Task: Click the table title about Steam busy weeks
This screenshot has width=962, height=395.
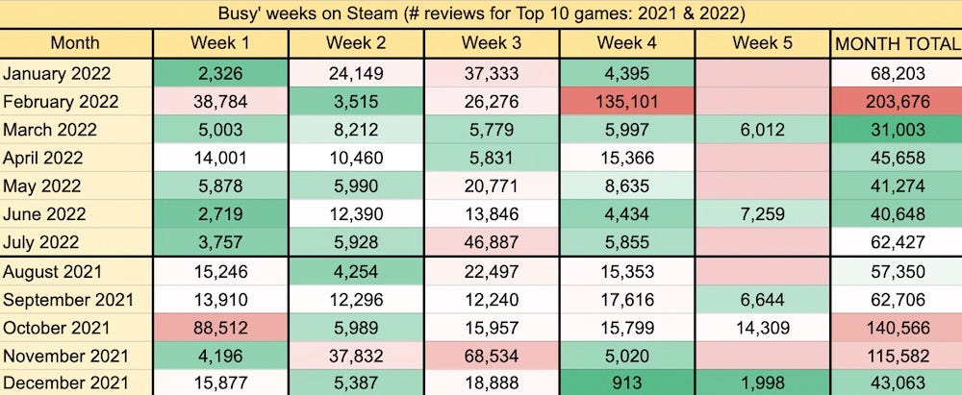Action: click(x=480, y=13)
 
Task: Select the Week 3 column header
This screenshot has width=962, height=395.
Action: click(x=491, y=43)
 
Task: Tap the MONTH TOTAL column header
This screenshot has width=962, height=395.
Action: click(x=897, y=43)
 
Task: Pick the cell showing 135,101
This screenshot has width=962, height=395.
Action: click(x=626, y=102)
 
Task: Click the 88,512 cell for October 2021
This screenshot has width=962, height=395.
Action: click(x=220, y=327)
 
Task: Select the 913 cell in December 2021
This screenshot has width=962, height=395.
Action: click(x=626, y=383)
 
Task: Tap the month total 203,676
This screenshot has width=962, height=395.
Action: click(x=897, y=102)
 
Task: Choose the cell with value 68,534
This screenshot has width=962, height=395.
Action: click(x=491, y=355)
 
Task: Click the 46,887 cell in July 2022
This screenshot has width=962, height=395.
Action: click(x=491, y=242)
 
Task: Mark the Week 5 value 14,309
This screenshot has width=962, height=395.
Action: click(x=761, y=327)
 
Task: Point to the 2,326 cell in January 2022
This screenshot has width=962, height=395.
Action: click(x=220, y=73)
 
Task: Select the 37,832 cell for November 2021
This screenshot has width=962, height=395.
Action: click(x=356, y=355)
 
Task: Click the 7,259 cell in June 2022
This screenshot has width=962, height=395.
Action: click(x=761, y=214)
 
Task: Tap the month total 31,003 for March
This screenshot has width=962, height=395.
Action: click(x=897, y=130)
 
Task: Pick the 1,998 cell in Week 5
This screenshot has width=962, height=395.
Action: click(x=761, y=383)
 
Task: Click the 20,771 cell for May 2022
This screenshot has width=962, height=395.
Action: click(x=491, y=186)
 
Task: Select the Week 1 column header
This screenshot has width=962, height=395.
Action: click(x=220, y=43)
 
